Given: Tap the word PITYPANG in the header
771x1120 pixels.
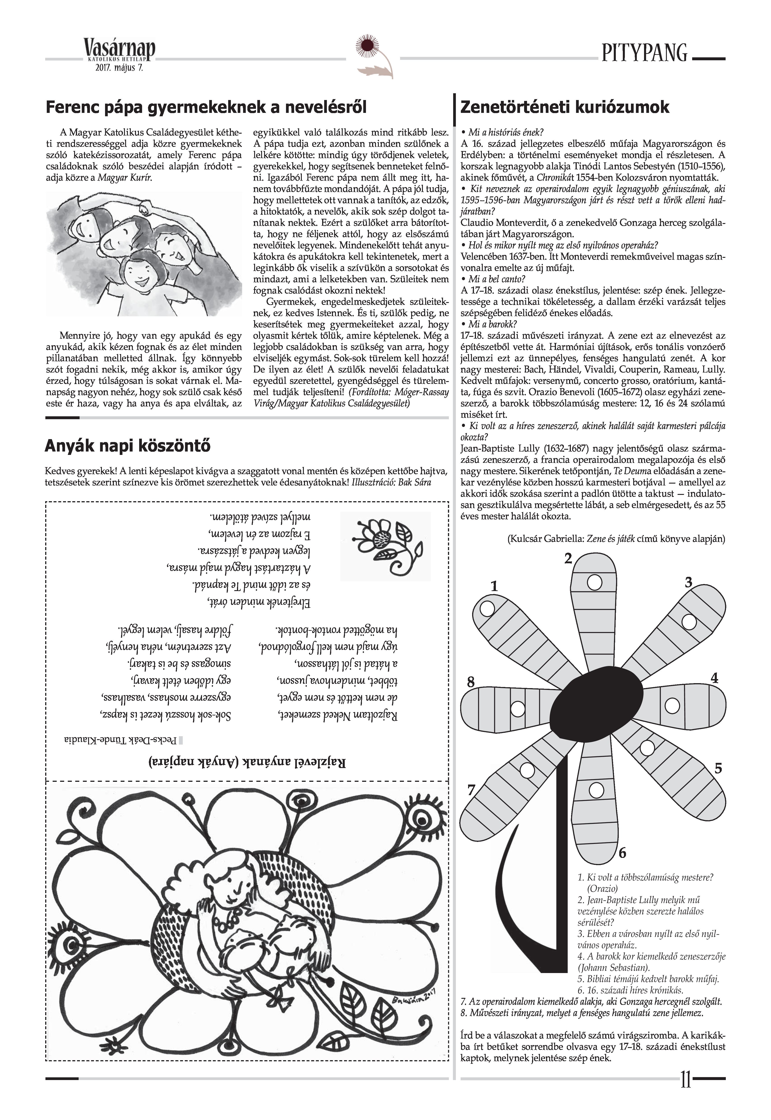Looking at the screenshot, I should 644,53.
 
